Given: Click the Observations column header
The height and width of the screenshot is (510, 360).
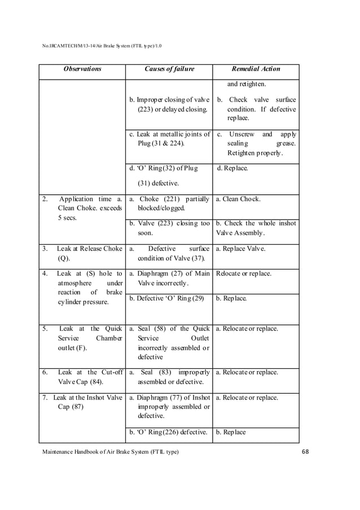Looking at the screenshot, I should tap(82, 69).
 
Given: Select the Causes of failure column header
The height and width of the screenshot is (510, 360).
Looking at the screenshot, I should tap(169, 69).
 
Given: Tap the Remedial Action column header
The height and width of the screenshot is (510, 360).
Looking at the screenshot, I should tap(256, 69).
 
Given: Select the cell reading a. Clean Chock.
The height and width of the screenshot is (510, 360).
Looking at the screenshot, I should tap(238, 199).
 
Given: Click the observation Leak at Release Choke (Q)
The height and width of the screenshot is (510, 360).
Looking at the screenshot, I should tap(82, 253).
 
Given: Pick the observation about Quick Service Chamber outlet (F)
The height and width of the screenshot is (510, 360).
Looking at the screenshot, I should tap(82, 338).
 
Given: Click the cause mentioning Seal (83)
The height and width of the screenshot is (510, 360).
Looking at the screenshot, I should tap(169, 377).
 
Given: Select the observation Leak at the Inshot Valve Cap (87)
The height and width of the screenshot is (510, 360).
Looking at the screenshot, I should tap(82, 402).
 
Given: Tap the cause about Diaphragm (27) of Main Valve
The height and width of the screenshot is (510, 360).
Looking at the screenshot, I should tap(169, 278).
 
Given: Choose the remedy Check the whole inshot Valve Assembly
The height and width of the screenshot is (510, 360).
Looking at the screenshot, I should tap(256, 228).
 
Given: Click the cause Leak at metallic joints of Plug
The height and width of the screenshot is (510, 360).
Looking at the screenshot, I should tap(169, 139).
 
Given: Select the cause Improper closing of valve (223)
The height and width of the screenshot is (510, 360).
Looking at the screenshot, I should tap(169, 105).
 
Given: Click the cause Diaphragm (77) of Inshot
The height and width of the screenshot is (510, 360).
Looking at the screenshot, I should tap(169, 407).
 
